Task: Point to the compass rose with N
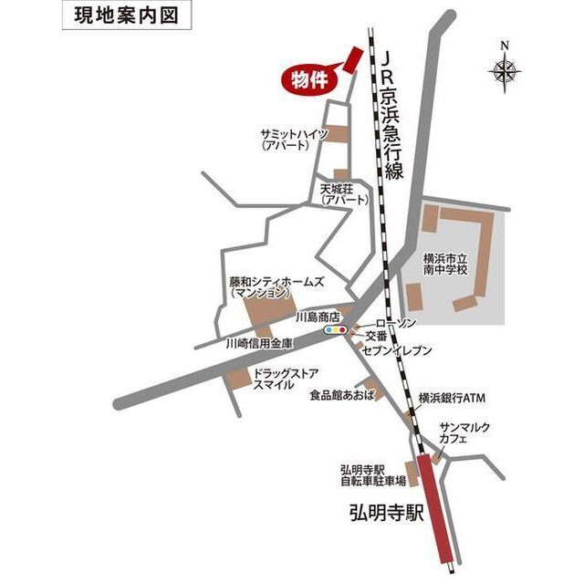505,68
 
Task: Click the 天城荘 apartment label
344,193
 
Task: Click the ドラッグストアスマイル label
286,379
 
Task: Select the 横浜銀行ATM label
452,399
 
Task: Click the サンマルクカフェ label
466,432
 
